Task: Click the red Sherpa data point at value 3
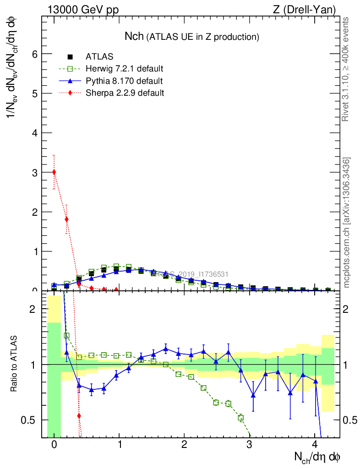[x=54, y=172]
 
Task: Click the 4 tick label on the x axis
[x=315, y=445]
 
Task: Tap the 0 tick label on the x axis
[x=54, y=445]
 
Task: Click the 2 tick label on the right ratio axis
[x=349, y=309]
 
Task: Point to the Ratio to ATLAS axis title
[x=14, y=364]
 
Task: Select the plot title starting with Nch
[x=192, y=37]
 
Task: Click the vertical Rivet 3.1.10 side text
[x=346, y=69]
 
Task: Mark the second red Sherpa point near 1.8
[x=67, y=219]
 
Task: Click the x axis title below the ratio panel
[x=317, y=457]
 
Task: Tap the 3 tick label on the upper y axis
[x=33, y=173]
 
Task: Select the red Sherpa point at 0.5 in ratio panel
[x=79, y=416]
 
